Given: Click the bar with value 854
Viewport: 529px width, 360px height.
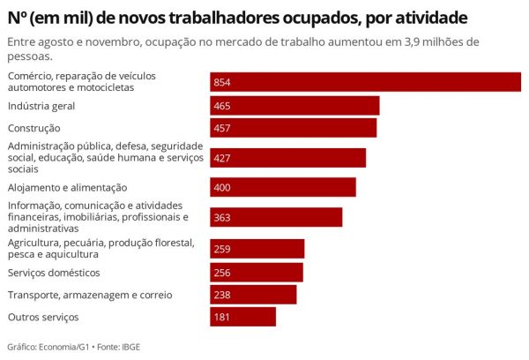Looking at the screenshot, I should click(x=365, y=82).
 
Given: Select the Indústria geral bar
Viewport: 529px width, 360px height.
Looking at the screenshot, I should click(x=294, y=106).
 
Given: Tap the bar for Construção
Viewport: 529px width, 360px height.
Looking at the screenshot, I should click(x=293, y=129).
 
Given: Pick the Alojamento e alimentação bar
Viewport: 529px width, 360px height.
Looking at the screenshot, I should click(x=283, y=187).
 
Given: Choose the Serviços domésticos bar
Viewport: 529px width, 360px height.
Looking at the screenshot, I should click(x=257, y=272).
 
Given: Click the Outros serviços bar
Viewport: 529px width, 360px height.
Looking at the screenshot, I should click(x=242, y=317).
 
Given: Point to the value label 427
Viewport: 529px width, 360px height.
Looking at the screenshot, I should click(x=222, y=158).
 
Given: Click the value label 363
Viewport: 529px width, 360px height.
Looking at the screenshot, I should click(x=222, y=217).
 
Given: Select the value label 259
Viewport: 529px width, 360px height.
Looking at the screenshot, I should click(x=222, y=249).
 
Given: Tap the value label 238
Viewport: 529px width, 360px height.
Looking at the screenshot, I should click(x=222, y=295).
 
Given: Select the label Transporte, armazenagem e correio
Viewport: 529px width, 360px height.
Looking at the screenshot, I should click(x=89, y=295).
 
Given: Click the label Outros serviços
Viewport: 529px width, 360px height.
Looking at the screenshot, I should click(x=43, y=317).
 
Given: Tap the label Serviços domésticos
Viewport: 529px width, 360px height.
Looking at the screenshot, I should click(x=54, y=272).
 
